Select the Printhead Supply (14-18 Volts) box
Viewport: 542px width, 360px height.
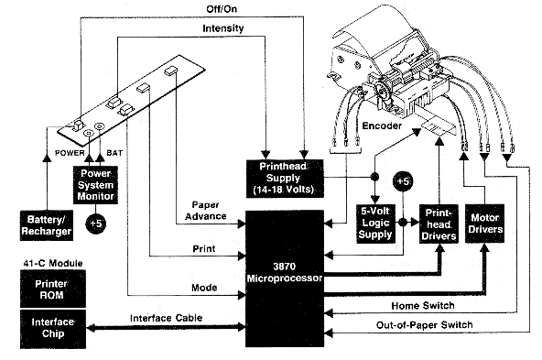283,175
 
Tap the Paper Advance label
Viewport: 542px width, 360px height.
210,210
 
